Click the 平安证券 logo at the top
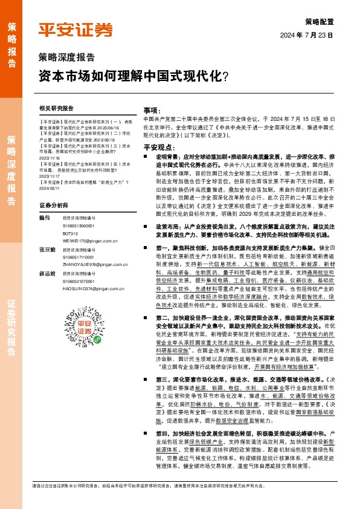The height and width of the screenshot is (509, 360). [76, 29]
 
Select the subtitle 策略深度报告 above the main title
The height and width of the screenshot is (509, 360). [66, 58]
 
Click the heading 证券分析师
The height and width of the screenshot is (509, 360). [53, 206]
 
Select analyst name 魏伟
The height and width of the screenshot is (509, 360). [45, 216]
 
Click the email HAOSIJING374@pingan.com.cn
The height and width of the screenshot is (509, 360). [94, 288]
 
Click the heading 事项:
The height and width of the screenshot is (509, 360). [150, 111]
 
